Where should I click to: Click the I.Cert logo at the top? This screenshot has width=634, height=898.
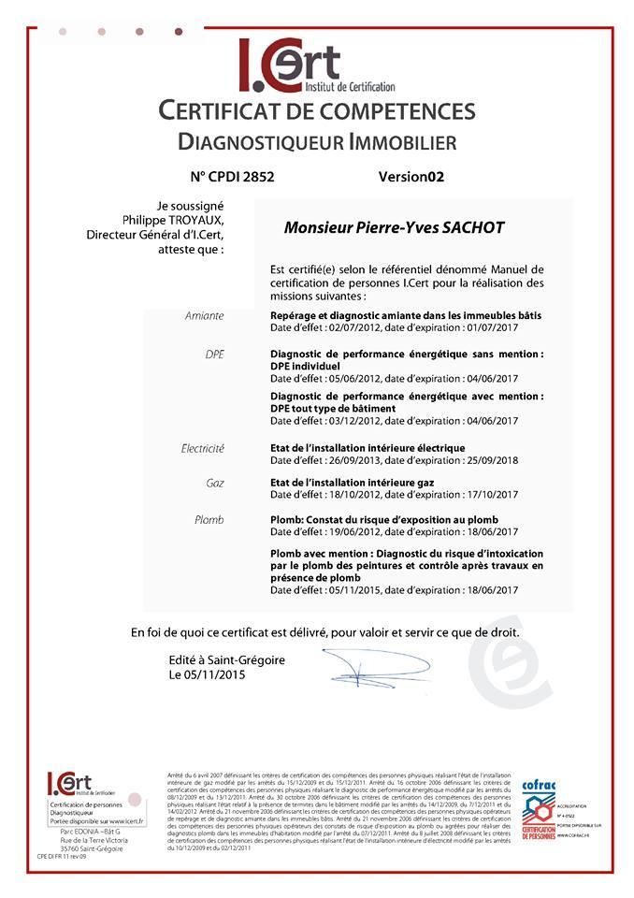[x=289, y=65]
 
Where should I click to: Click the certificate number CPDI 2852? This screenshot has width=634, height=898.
[x=232, y=176]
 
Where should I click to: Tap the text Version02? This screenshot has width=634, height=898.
[x=411, y=176]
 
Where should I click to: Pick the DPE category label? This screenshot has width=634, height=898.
[x=214, y=355]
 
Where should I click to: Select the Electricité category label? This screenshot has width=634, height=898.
[x=202, y=449]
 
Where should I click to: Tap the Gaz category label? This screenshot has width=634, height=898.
[x=214, y=484]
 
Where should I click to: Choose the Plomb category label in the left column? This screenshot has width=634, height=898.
[x=209, y=519]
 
